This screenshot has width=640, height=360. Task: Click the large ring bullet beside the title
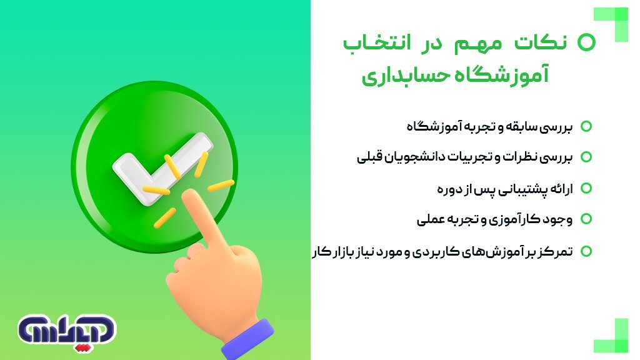(586, 42)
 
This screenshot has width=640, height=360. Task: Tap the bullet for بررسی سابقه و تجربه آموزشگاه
(586, 126)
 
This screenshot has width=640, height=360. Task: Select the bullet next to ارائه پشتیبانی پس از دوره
(586, 188)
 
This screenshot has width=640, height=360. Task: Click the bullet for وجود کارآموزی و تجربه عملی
(586, 219)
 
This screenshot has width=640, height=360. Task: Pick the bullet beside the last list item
(586, 251)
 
